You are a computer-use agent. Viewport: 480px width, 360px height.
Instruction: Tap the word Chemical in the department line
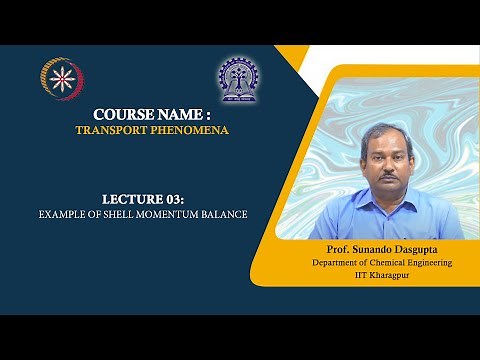click(384, 262)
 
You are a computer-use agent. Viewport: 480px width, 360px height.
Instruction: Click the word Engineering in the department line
click(429, 262)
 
